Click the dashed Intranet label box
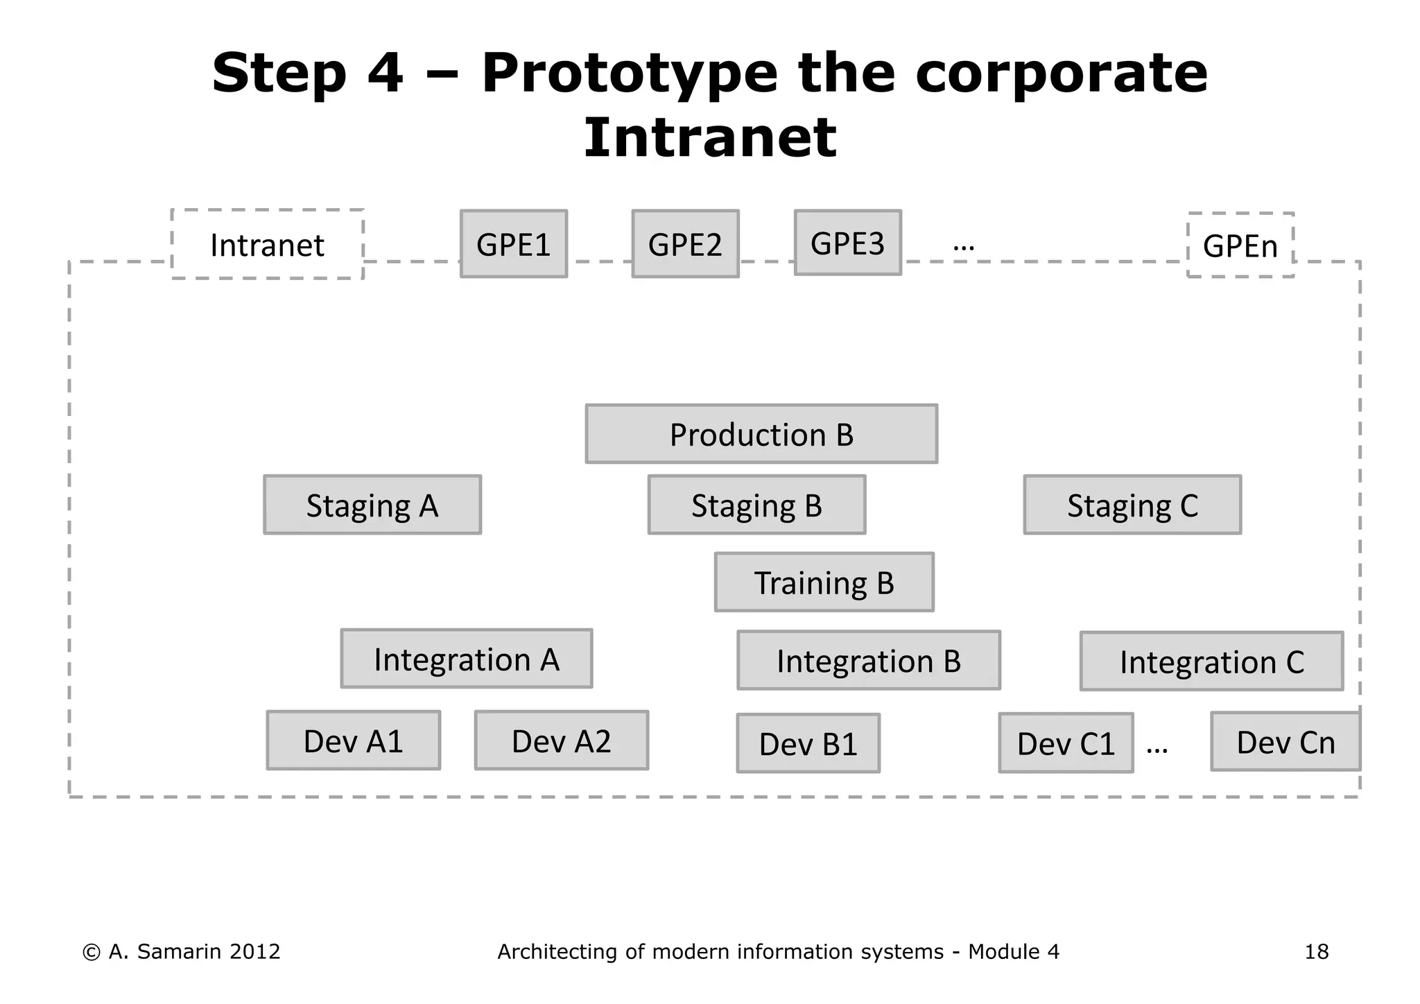pyautogui.click(x=267, y=244)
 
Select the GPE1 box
pyautogui.click(x=514, y=244)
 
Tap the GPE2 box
pyautogui.click(x=685, y=244)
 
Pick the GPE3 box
pyautogui.click(x=847, y=243)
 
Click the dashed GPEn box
pyautogui.click(x=1240, y=245)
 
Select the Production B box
pyautogui.click(x=761, y=434)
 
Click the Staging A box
pyautogui.click(x=372, y=505)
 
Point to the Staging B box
pyautogui.click(x=756, y=505)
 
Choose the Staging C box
pyautogui.click(x=1132, y=505)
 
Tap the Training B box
pyautogui.click(x=824, y=582)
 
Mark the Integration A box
pyautogui.click(x=466, y=659)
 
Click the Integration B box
pyautogui.click(x=868, y=660)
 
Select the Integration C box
pyautogui.click(x=1211, y=661)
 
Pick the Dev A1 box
pyautogui.click(x=353, y=741)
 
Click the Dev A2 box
pyautogui.click(x=561, y=741)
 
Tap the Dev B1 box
pyautogui.click(x=808, y=743)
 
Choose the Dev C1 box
pyautogui.click(x=1066, y=743)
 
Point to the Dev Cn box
pyautogui.click(x=1285, y=742)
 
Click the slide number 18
pyautogui.click(x=1316, y=951)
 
